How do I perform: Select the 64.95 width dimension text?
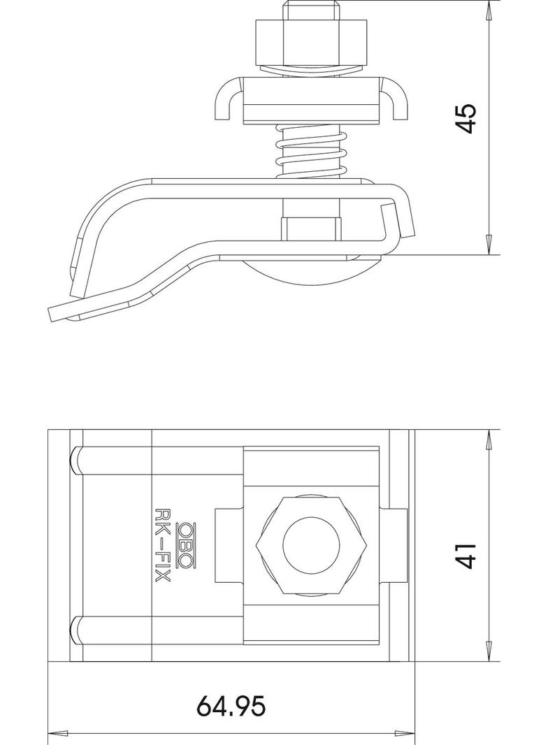coord(231,706)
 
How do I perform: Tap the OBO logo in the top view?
coord(187,545)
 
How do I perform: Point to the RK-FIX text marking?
coord(163,545)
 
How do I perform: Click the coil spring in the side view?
coord(311,151)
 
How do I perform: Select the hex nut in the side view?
coord(311,43)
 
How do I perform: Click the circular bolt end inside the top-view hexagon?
coord(312,545)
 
